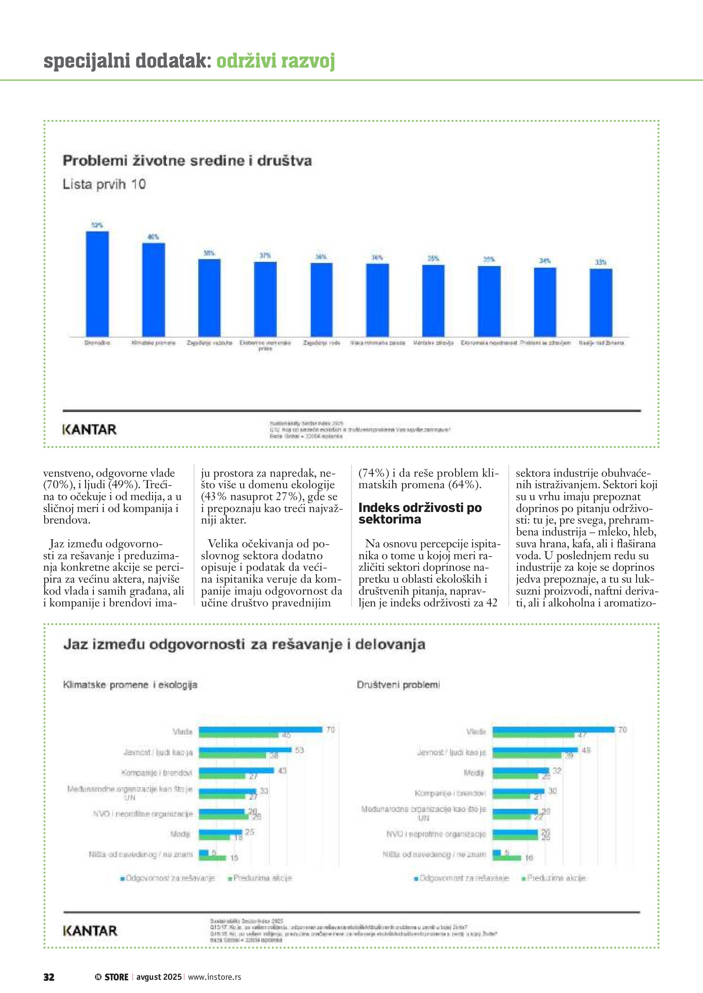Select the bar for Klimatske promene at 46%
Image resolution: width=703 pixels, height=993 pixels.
154,289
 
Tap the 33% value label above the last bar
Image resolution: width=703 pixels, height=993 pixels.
601,262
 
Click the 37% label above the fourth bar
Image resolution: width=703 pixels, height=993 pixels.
265,255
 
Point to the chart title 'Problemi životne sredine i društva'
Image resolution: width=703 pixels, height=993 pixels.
187,161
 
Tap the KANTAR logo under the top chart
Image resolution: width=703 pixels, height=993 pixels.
89,429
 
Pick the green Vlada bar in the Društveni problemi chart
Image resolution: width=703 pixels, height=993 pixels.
533,735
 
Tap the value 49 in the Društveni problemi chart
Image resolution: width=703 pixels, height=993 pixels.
586,750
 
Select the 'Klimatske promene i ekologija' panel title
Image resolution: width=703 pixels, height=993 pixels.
130,685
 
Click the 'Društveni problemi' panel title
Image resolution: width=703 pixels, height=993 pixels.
398,685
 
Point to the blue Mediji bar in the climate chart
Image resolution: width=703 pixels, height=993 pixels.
220,832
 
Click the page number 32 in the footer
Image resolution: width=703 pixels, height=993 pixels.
49,977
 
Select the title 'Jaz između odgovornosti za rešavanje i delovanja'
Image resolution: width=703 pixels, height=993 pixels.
244,644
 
